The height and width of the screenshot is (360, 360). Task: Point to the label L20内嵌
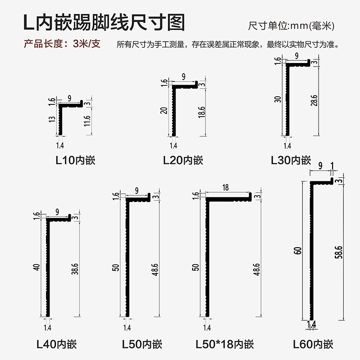[183, 160]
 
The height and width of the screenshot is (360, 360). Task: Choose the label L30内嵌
[291, 160]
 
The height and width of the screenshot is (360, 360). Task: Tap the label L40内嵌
[56, 345]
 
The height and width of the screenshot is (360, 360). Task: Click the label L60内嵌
[313, 345]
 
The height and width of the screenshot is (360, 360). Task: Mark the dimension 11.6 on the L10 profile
[87, 121]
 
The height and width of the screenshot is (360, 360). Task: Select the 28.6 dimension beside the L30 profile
[314, 100]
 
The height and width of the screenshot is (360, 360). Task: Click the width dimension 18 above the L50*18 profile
[225, 187]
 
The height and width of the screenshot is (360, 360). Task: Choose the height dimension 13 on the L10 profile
[52, 120]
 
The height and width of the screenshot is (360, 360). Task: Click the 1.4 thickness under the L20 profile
[174, 146]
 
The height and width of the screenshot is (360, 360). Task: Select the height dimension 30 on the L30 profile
[277, 99]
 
